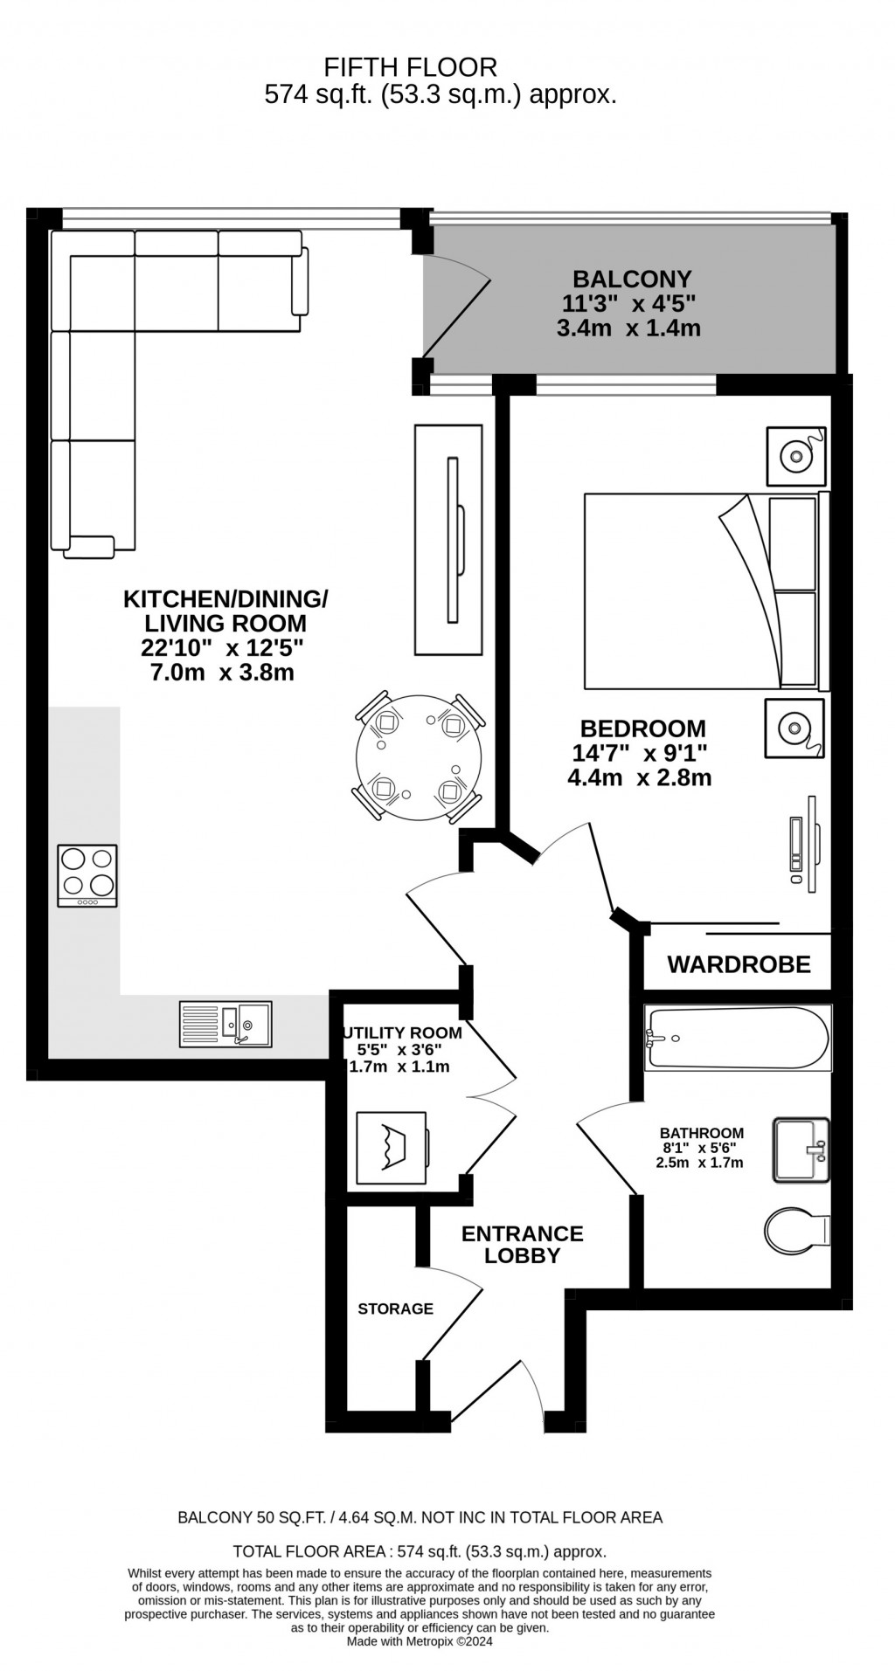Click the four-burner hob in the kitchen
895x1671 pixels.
[x=87, y=875]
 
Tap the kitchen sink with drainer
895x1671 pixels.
[x=225, y=1024]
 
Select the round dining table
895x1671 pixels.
[x=419, y=756]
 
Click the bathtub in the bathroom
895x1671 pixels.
[x=738, y=1038]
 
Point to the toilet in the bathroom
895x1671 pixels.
[x=797, y=1232]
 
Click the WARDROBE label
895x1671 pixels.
[x=739, y=964]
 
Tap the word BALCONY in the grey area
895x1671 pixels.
[x=632, y=280]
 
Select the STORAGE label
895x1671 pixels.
[x=395, y=1308]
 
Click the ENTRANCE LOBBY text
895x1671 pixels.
[x=522, y=1245]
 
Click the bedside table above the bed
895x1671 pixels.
[x=795, y=456]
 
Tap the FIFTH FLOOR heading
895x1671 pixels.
[x=410, y=67]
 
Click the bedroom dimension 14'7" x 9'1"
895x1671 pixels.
[x=639, y=753]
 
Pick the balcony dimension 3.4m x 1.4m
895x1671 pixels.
[x=628, y=328]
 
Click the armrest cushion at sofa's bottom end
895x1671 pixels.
[x=89, y=547]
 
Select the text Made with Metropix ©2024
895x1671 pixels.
[x=420, y=1641]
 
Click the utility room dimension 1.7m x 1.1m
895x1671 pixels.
[x=399, y=1067]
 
